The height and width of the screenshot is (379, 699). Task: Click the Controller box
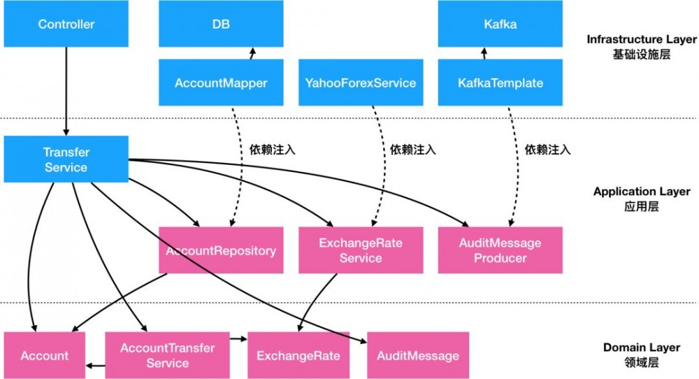[66, 24]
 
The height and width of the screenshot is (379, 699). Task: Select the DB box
[221, 24]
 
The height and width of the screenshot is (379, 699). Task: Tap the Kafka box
[500, 24]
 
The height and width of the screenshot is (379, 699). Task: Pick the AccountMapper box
[221, 83]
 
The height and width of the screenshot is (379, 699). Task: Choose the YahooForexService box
[360, 83]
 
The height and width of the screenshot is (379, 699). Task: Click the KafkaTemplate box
[500, 83]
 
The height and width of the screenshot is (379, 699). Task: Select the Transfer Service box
[66, 159]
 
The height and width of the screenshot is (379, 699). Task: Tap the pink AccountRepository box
[221, 250]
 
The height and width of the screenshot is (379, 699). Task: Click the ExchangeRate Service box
[360, 250]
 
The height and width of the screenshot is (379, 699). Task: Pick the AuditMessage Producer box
[500, 250]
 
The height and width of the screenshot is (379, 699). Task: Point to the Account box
[45, 355]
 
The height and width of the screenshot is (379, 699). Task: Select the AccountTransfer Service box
[168, 355]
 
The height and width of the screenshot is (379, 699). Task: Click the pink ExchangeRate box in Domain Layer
[298, 355]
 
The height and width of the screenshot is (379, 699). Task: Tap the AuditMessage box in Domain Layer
[418, 355]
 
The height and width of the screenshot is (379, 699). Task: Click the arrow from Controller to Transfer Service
[66, 91]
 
